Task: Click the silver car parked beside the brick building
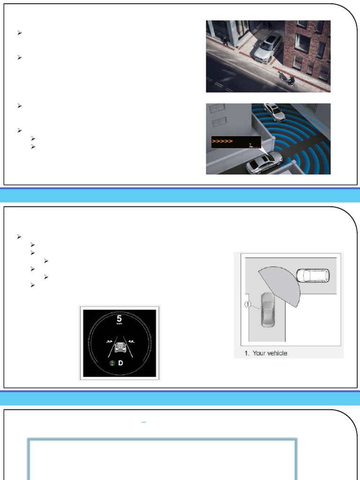(269, 46)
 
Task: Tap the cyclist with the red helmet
(291, 81)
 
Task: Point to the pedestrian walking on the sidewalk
(225, 41)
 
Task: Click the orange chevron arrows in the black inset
(222, 140)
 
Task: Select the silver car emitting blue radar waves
(264, 162)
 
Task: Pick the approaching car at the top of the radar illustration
(274, 112)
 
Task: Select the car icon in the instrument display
(120, 347)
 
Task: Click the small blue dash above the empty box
(143, 423)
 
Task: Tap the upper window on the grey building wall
(216, 108)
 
